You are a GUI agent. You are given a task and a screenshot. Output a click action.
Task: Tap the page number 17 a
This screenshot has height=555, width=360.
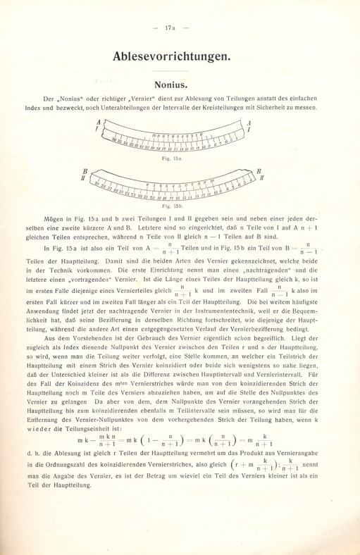tap(180, 27)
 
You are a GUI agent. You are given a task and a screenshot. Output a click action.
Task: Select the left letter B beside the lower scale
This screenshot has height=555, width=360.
tap(86, 170)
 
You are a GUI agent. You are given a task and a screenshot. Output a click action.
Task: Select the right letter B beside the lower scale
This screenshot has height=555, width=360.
tap(259, 171)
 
